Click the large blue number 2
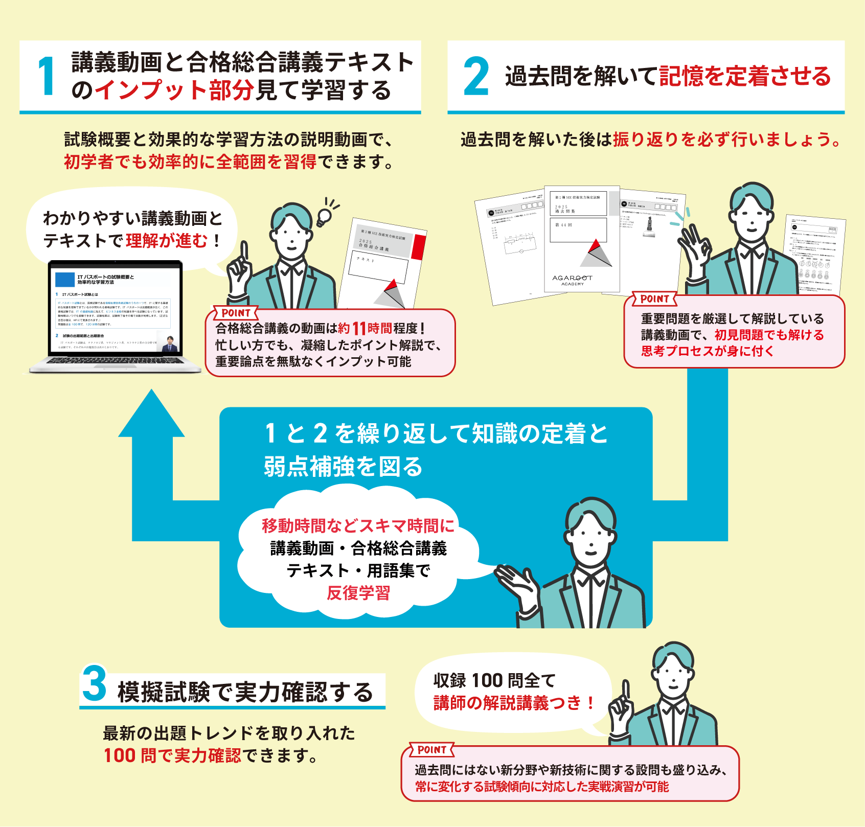(x=476, y=77)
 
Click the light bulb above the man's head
(x=324, y=216)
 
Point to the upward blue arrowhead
(x=151, y=414)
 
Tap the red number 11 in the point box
(x=359, y=329)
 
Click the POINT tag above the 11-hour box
(x=236, y=313)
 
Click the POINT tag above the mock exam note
(x=432, y=750)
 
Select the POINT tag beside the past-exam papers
(x=654, y=299)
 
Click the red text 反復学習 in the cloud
(x=358, y=593)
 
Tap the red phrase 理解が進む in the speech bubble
(x=167, y=240)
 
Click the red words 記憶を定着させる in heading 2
(x=745, y=76)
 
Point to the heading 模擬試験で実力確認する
(x=245, y=692)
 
